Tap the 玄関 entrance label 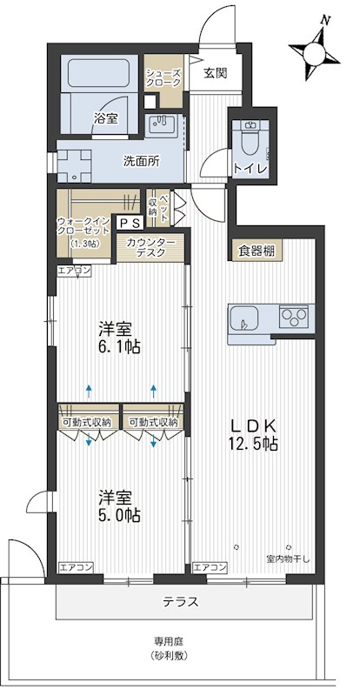pos(215,74)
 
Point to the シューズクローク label pos(163,78)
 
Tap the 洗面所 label pos(140,161)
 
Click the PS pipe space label pos(127,223)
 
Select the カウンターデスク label pos(151,246)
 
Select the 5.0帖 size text pos(120,514)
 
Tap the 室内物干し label pos(282,559)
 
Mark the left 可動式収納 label pos(86,423)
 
